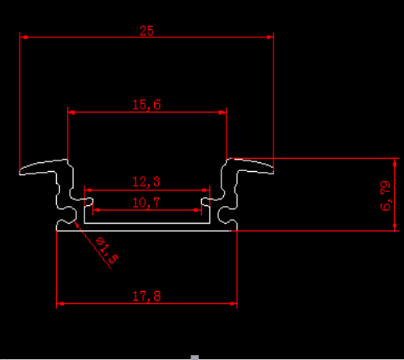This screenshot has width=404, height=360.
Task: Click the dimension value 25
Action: (x=147, y=31)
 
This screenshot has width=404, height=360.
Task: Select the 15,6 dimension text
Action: (x=147, y=105)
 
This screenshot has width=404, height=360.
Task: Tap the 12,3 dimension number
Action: (x=146, y=182)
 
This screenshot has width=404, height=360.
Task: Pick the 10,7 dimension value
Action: (x=146, y=203)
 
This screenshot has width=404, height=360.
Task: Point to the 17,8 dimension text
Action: (x=147, y=296)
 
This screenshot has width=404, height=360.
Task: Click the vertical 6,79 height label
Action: (x=385, y=195)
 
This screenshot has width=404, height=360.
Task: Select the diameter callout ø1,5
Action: (x=107, y=250)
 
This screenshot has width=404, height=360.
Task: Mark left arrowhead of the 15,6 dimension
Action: (x=71, y=112)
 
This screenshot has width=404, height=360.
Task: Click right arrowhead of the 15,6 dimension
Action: (x=222, y=112)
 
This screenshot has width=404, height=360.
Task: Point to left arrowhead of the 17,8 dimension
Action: (x=61, y=303)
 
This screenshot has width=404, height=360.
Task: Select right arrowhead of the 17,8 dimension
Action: (x=233, y=303)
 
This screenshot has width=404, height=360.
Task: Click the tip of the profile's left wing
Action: (x=20, y=172)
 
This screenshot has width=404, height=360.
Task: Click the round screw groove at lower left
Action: (x=70, y=214)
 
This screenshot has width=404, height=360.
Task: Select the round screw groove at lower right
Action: (x=224, y=215)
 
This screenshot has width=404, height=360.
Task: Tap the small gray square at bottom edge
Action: (x=195, y=358)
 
